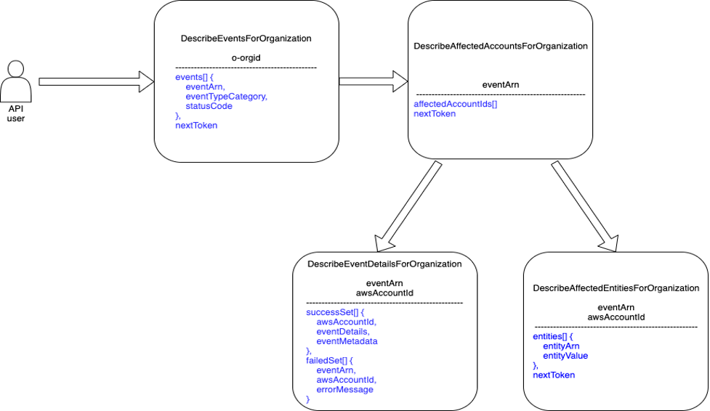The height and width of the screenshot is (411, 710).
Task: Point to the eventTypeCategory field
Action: click(226, 96)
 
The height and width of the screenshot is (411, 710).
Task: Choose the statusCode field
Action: click(209, 106)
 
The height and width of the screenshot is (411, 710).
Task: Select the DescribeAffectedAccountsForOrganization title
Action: click(501, 46)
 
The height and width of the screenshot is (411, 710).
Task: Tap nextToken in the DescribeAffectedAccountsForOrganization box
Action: click(435, 114)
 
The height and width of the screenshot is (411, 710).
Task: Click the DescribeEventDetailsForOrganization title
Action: click(384, 264)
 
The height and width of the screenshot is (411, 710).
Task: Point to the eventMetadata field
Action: click(347, 341)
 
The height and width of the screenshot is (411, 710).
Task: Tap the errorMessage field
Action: click(344, 389)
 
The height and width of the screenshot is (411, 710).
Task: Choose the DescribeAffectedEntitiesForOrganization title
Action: click(616, 288)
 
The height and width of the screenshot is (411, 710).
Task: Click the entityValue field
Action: click(565, 356)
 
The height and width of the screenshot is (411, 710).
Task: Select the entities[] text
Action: click(549, 337)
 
